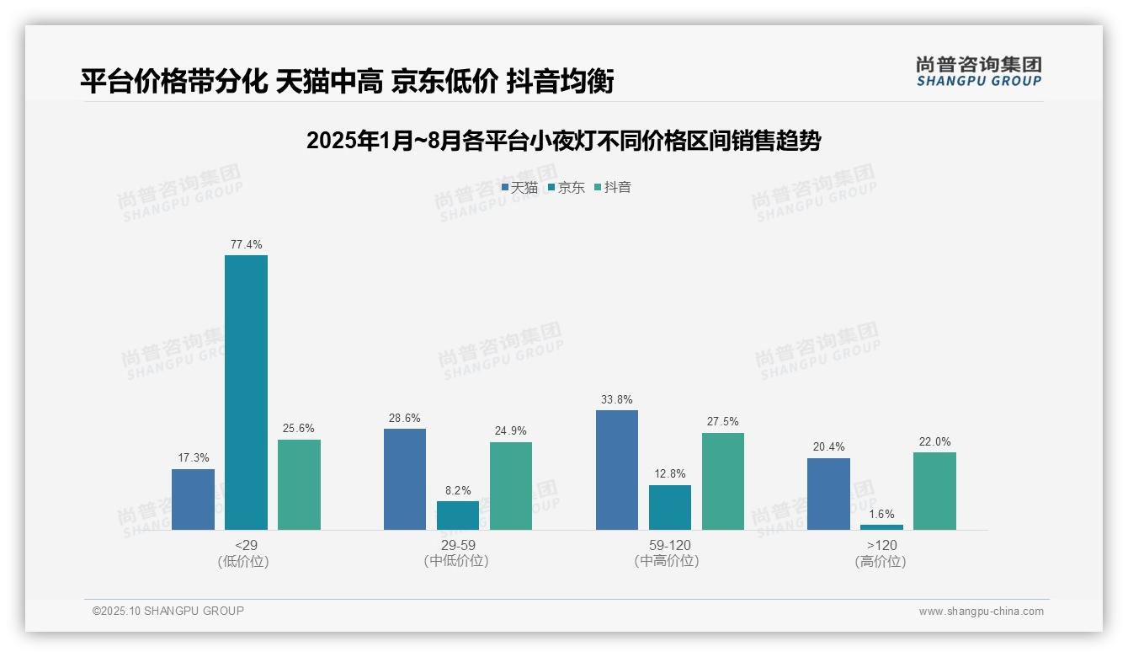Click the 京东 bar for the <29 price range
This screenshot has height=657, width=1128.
tap(246, 392)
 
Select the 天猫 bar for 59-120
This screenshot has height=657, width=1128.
tap(617, 470)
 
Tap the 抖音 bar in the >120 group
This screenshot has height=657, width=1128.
tap(934, 491)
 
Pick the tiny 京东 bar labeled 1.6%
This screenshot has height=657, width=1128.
tap(881, 527)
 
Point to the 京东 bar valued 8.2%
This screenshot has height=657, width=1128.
tap(458, 515)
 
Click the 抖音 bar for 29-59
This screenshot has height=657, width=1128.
tap(511, 486)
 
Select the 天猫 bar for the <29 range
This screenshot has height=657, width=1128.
tap(193, 499)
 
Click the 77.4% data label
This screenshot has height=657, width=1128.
tap(246, 245)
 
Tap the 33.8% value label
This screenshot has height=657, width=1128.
tap(617, 400)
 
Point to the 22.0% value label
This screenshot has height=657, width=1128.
tap(934, 442)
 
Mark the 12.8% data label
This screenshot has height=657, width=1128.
tap(670, 474)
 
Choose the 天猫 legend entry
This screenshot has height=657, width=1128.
tap(519, 188)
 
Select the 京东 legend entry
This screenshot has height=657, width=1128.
tap(567, 188)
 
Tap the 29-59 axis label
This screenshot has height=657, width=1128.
tap(457, 545)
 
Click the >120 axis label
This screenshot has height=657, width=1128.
tap(881, 545)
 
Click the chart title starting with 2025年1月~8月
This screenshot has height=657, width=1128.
tap(563, 141)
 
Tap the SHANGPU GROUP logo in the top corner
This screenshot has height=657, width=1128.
tap(978, 72)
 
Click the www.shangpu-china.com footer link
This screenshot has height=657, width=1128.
tap(981, 612)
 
